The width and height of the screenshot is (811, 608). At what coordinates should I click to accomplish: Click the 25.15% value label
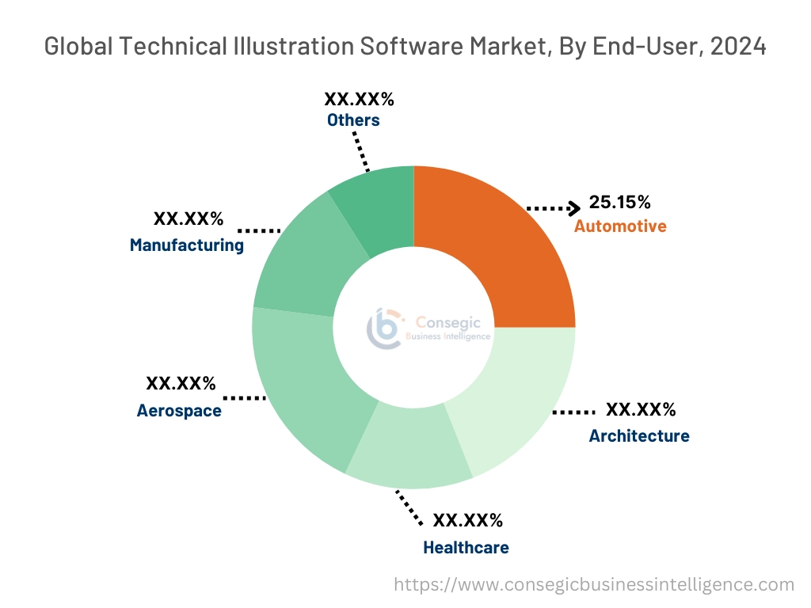pyautogui.click(x=619, y=202)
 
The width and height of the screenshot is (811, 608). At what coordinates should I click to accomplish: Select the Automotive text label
pyautogui.click(x=620, y=226)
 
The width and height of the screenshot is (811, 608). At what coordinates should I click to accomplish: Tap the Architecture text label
pyautogui.click(x=638, y=435)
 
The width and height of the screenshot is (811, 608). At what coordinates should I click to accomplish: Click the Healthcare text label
pyautogui.click(x=466, y=547)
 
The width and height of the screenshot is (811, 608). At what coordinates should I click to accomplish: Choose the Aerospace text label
pyautogui.click(x=179, y=411)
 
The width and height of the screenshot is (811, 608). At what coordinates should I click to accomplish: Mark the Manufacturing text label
pyautogui.click(x=187, y=245)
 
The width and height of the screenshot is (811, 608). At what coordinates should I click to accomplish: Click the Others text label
pyautogui.click(x=353, y=120)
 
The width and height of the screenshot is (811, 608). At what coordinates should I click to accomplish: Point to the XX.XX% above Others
pyautogui.click(x=359, y=99)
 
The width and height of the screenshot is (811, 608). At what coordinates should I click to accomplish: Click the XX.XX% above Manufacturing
pyautogui.click(x=188, y=218)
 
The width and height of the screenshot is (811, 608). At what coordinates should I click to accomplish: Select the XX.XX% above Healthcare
pyautogui.click(x=467, y=520)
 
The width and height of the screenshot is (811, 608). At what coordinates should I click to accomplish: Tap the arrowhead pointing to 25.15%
pyautogui.click(x=574, y=208)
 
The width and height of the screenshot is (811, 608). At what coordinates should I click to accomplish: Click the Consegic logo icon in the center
pyautogui.click(x=385, y=329)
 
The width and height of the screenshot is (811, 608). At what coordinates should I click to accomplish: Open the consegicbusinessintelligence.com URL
pyautogui.click(x=593, y=585)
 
